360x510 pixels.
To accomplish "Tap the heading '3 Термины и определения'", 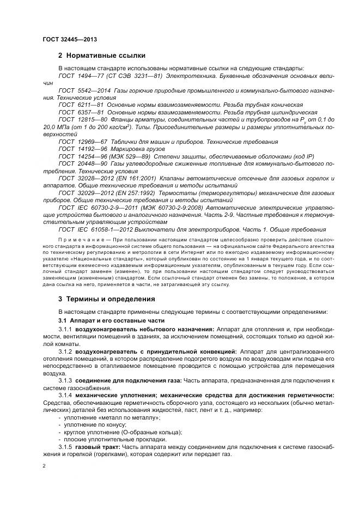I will pos(107,299).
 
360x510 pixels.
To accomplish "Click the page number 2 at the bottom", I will pos(44,466).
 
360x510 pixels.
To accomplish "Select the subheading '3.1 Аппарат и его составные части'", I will pos(112,320).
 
